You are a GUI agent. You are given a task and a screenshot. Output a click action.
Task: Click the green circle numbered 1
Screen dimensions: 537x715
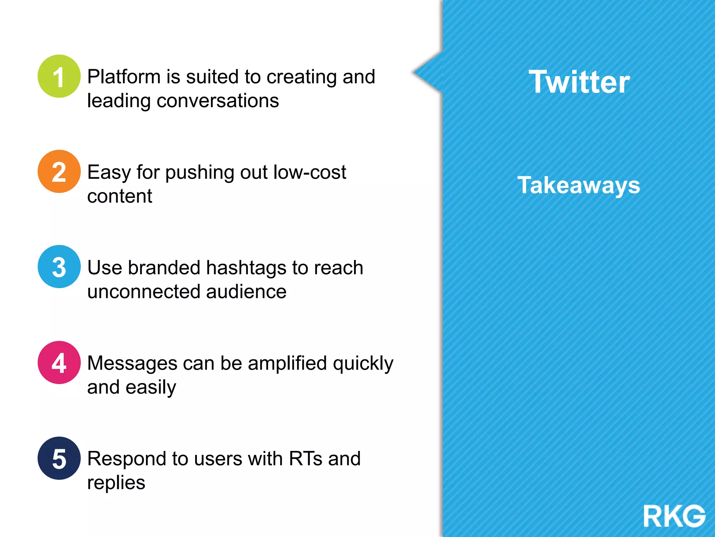point(59,76)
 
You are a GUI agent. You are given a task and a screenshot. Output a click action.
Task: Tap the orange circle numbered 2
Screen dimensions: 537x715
point(59,172)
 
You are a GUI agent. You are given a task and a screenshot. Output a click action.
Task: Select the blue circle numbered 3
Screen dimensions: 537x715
point(59,267)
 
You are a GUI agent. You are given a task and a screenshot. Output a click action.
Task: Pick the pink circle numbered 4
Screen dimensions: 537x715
point(59,363)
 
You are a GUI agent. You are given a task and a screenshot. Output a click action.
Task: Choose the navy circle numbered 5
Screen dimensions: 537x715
point(59,458)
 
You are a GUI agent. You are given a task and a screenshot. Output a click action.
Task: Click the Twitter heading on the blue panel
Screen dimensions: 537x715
point(579,82)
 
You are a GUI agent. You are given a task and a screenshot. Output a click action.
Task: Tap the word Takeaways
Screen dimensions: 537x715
point(578,185)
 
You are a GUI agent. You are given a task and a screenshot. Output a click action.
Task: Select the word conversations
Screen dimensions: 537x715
point(218,101)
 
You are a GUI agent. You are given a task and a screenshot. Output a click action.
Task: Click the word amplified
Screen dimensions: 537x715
point(287,364)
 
